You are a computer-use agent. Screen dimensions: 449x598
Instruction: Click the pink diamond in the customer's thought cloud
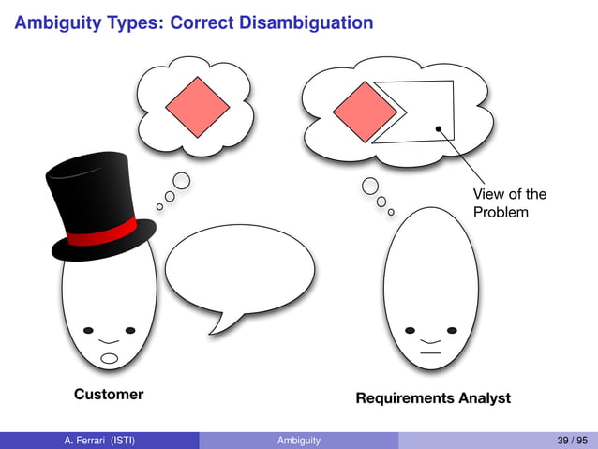pos(197,106)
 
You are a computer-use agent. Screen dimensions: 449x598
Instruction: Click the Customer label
pos(109,395)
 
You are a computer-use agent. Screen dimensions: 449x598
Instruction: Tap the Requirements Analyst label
pos(433,398)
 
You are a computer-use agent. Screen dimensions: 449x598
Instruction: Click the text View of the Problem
pos(509,203)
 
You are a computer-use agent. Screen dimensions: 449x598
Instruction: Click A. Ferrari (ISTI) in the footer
pos(98,441)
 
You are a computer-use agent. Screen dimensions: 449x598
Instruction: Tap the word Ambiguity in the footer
pos(299,441)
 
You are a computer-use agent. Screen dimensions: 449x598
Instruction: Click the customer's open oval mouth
pos(110,358)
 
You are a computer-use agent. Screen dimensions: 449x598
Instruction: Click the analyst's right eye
pos(452,331)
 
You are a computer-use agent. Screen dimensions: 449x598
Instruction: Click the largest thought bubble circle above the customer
pos(183,181)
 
